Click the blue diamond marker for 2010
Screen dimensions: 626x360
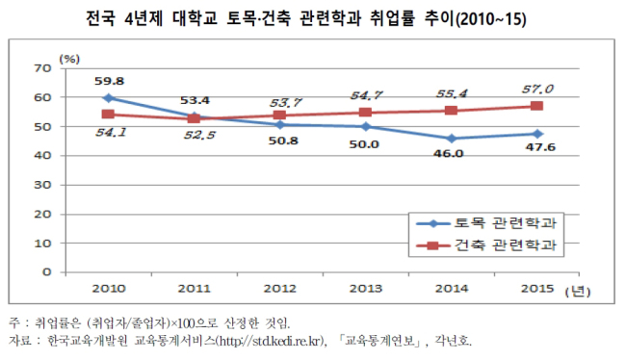pyautogui.click(x=108, y=98)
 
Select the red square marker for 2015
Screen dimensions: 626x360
pyautogui.click(x=536, y=106)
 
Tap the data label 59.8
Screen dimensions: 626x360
pyautogui.click(x=109, y=81)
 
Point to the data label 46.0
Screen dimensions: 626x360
pyautogui.click(x=449, y=154)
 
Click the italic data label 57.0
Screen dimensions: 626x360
pyautogui.click(x=537, y=89)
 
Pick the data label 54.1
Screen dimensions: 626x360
pyautogui.click(x=111, y=132)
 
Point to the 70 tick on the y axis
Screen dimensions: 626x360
pyautogui.click(x=43, y=68)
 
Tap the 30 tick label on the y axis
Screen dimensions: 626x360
pyautogui.click(x=43, y=185)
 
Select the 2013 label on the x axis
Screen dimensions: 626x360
pyautogui.click(x=366, y=288)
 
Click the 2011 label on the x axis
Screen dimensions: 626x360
pyautogui.click(x=194, y=288)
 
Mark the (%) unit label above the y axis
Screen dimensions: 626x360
pyautogui.click(x=69, y=59)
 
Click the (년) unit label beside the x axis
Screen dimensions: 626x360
pyautogui.click(x=578, y=292)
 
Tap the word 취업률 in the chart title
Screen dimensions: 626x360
pyautogui.click(x=392, y=18)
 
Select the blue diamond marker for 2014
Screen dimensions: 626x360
pyautogui.click(x=451, y=139)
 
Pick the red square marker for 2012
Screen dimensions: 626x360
pyautogui.click(x=279, y=116)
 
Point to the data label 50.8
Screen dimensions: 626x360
pyautogui.click(x=283, y=141)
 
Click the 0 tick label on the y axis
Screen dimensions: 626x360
pyautogui.click(x=47, y=272)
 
